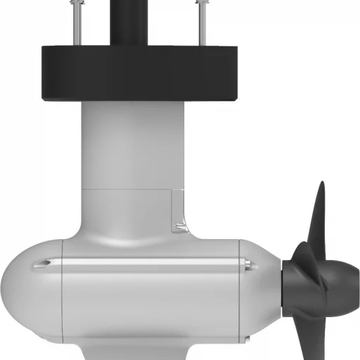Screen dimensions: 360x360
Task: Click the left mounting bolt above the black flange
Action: click(75, 21)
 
